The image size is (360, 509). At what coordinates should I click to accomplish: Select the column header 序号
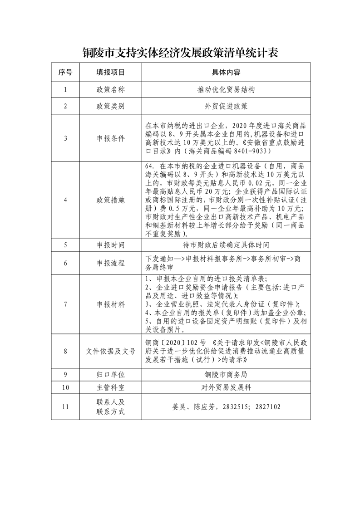pyautogui.click(x=65, y=72)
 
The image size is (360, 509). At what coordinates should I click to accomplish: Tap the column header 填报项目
pyautogui.click(x=110, y=72)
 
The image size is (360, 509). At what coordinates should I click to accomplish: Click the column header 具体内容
pyautogui.click(x=226, y=72)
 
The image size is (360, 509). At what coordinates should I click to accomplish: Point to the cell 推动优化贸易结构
pyautogui.click(x=226, y=89)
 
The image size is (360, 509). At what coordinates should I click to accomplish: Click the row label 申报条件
pyautogui.click(x=110, y=138)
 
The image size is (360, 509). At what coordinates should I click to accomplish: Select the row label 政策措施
pyautogui.click(x=110, y=200)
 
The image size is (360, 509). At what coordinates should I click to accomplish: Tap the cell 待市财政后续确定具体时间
pyautogui.click(x=226, y=245)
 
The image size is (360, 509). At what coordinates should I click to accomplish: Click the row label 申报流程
pyautogui.click(x=110, y=263)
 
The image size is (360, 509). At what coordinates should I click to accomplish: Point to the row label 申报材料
pyautogui.click(x=110, y=304)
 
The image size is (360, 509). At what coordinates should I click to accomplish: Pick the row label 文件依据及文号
pyautogui.click(x=110, y=351)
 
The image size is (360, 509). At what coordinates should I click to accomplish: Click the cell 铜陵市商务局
pyautogui.click(x=226, y=375)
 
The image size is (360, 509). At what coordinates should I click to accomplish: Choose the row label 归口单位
pyautogui.click(x=110, y=375)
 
